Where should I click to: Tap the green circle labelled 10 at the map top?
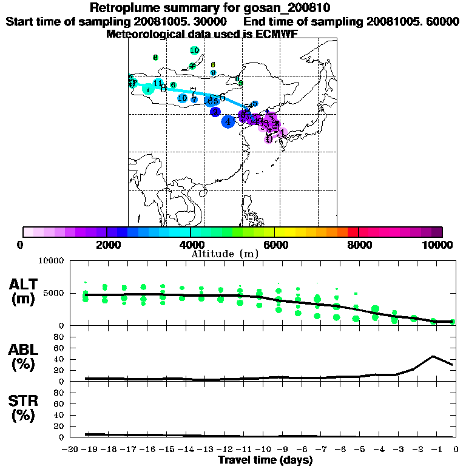click(x=194, y=50)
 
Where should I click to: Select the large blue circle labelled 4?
click(x=228, y=121)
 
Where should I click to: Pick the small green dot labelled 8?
click(x=155, y=58)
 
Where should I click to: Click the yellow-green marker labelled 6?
click(x=213, y=64)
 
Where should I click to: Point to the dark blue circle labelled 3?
click(x=215, y=112)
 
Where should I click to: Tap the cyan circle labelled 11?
click(x=158, y=83)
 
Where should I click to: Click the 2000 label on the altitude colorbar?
click(x=107, y=245)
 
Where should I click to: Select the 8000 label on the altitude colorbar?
click(x=359, y=245)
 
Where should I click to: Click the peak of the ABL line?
click(x=433, y=356)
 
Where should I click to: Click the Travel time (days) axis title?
click(x=265, y=460)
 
